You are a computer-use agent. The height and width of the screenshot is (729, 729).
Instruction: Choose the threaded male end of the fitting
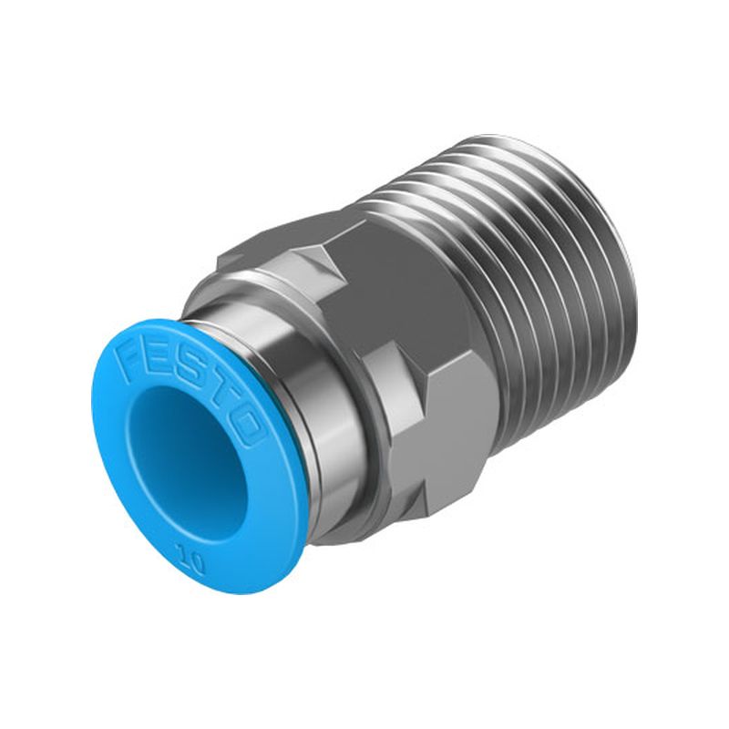[529, 273]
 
